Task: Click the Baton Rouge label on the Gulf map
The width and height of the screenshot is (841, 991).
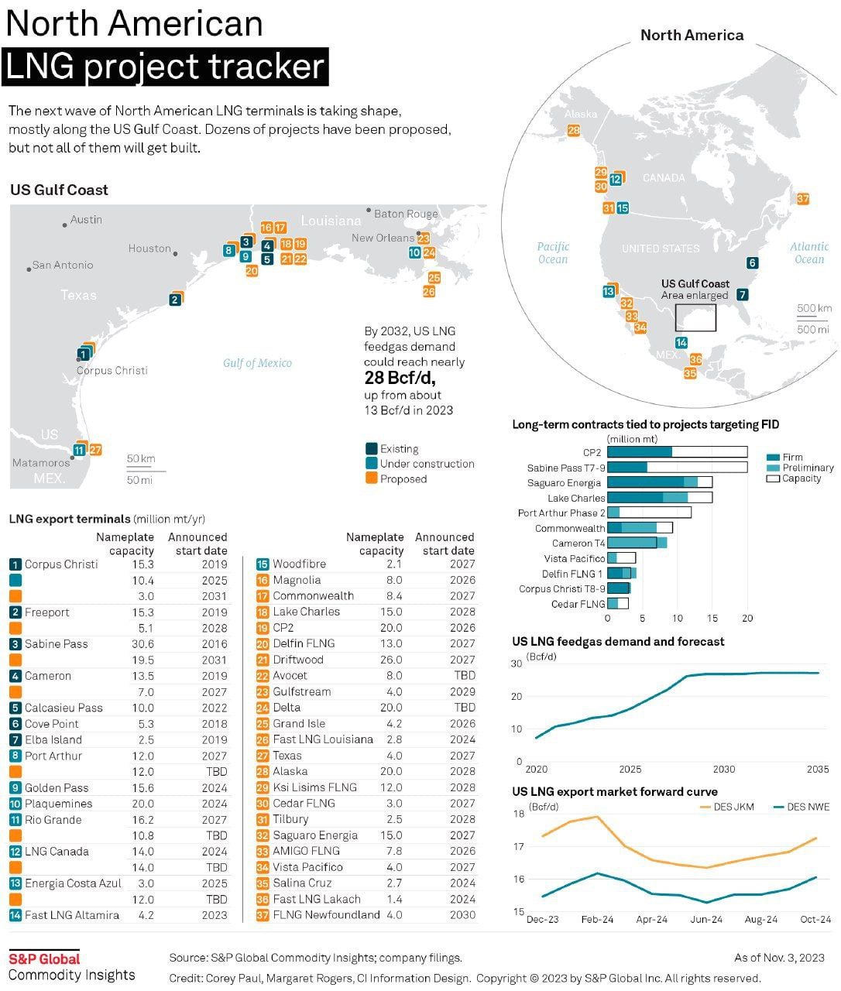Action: tap(406, 214)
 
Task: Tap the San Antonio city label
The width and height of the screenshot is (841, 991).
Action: tap(63, 265)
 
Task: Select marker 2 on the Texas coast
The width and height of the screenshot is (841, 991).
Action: tap(176, 300)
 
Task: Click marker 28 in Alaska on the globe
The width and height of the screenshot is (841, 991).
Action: tap(574, 131)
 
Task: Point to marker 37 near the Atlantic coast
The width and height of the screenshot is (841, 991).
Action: tap(803, 199)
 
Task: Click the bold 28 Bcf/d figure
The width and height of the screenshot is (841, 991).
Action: tap(400, 378)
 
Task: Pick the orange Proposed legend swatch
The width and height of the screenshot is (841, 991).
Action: tap(372, 478)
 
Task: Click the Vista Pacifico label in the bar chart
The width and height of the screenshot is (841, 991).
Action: tap(575, 558)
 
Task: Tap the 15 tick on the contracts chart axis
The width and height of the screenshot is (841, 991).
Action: tap(712, 619)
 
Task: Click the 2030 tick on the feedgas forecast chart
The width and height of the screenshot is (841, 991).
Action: tap(724, 769)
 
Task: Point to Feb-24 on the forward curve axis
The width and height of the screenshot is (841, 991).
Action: tap(597, 920)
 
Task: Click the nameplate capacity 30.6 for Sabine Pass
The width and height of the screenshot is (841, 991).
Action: tap(142, 644)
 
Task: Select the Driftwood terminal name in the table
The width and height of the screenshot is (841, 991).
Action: tap(298, 660)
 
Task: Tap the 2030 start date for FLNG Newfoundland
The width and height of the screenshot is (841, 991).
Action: tap(462, 914)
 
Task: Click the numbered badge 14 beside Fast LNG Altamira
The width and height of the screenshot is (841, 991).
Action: tap(15, 915)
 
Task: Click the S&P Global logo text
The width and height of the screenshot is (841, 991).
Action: tap(44, 958)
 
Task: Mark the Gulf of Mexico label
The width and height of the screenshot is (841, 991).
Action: tap(257, 363)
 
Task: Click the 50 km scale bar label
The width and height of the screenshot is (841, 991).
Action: tap(141, 458)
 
